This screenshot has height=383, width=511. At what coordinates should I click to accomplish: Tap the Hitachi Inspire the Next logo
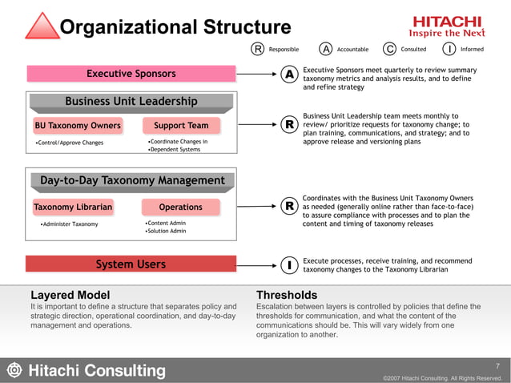[446, 26]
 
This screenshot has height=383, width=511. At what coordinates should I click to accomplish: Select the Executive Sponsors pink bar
[131, 74]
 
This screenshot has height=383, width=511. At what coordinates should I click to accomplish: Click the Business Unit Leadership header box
[131, 101]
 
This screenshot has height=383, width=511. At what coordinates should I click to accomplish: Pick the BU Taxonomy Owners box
[78, 126]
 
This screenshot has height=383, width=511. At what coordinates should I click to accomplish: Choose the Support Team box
[181, 126]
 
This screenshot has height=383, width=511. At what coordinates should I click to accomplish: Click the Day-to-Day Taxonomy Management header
[132, 181]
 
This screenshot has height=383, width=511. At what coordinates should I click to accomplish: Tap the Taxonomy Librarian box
[73, 207]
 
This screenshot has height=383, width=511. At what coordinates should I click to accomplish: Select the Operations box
[181, 207]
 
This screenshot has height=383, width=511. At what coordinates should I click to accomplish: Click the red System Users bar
[131, 264]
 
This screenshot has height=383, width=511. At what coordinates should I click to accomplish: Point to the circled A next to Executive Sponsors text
[290, 75]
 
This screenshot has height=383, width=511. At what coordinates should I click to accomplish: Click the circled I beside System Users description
[290, 264]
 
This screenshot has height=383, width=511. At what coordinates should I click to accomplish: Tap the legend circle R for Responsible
[259, 49]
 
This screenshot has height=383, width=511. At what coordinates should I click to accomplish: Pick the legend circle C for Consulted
[389, 49]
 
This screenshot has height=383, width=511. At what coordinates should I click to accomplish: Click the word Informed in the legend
[483, 49]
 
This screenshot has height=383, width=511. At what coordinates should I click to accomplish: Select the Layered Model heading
[70, 295]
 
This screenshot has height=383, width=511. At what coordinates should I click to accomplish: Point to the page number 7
[497, 365]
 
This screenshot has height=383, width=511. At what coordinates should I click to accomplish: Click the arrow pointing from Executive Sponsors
[258, 75]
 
